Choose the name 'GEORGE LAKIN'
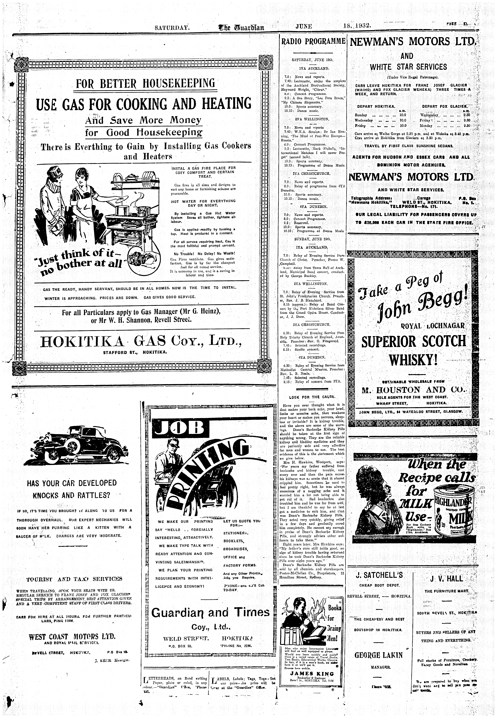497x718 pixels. click(x=378, y=655)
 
